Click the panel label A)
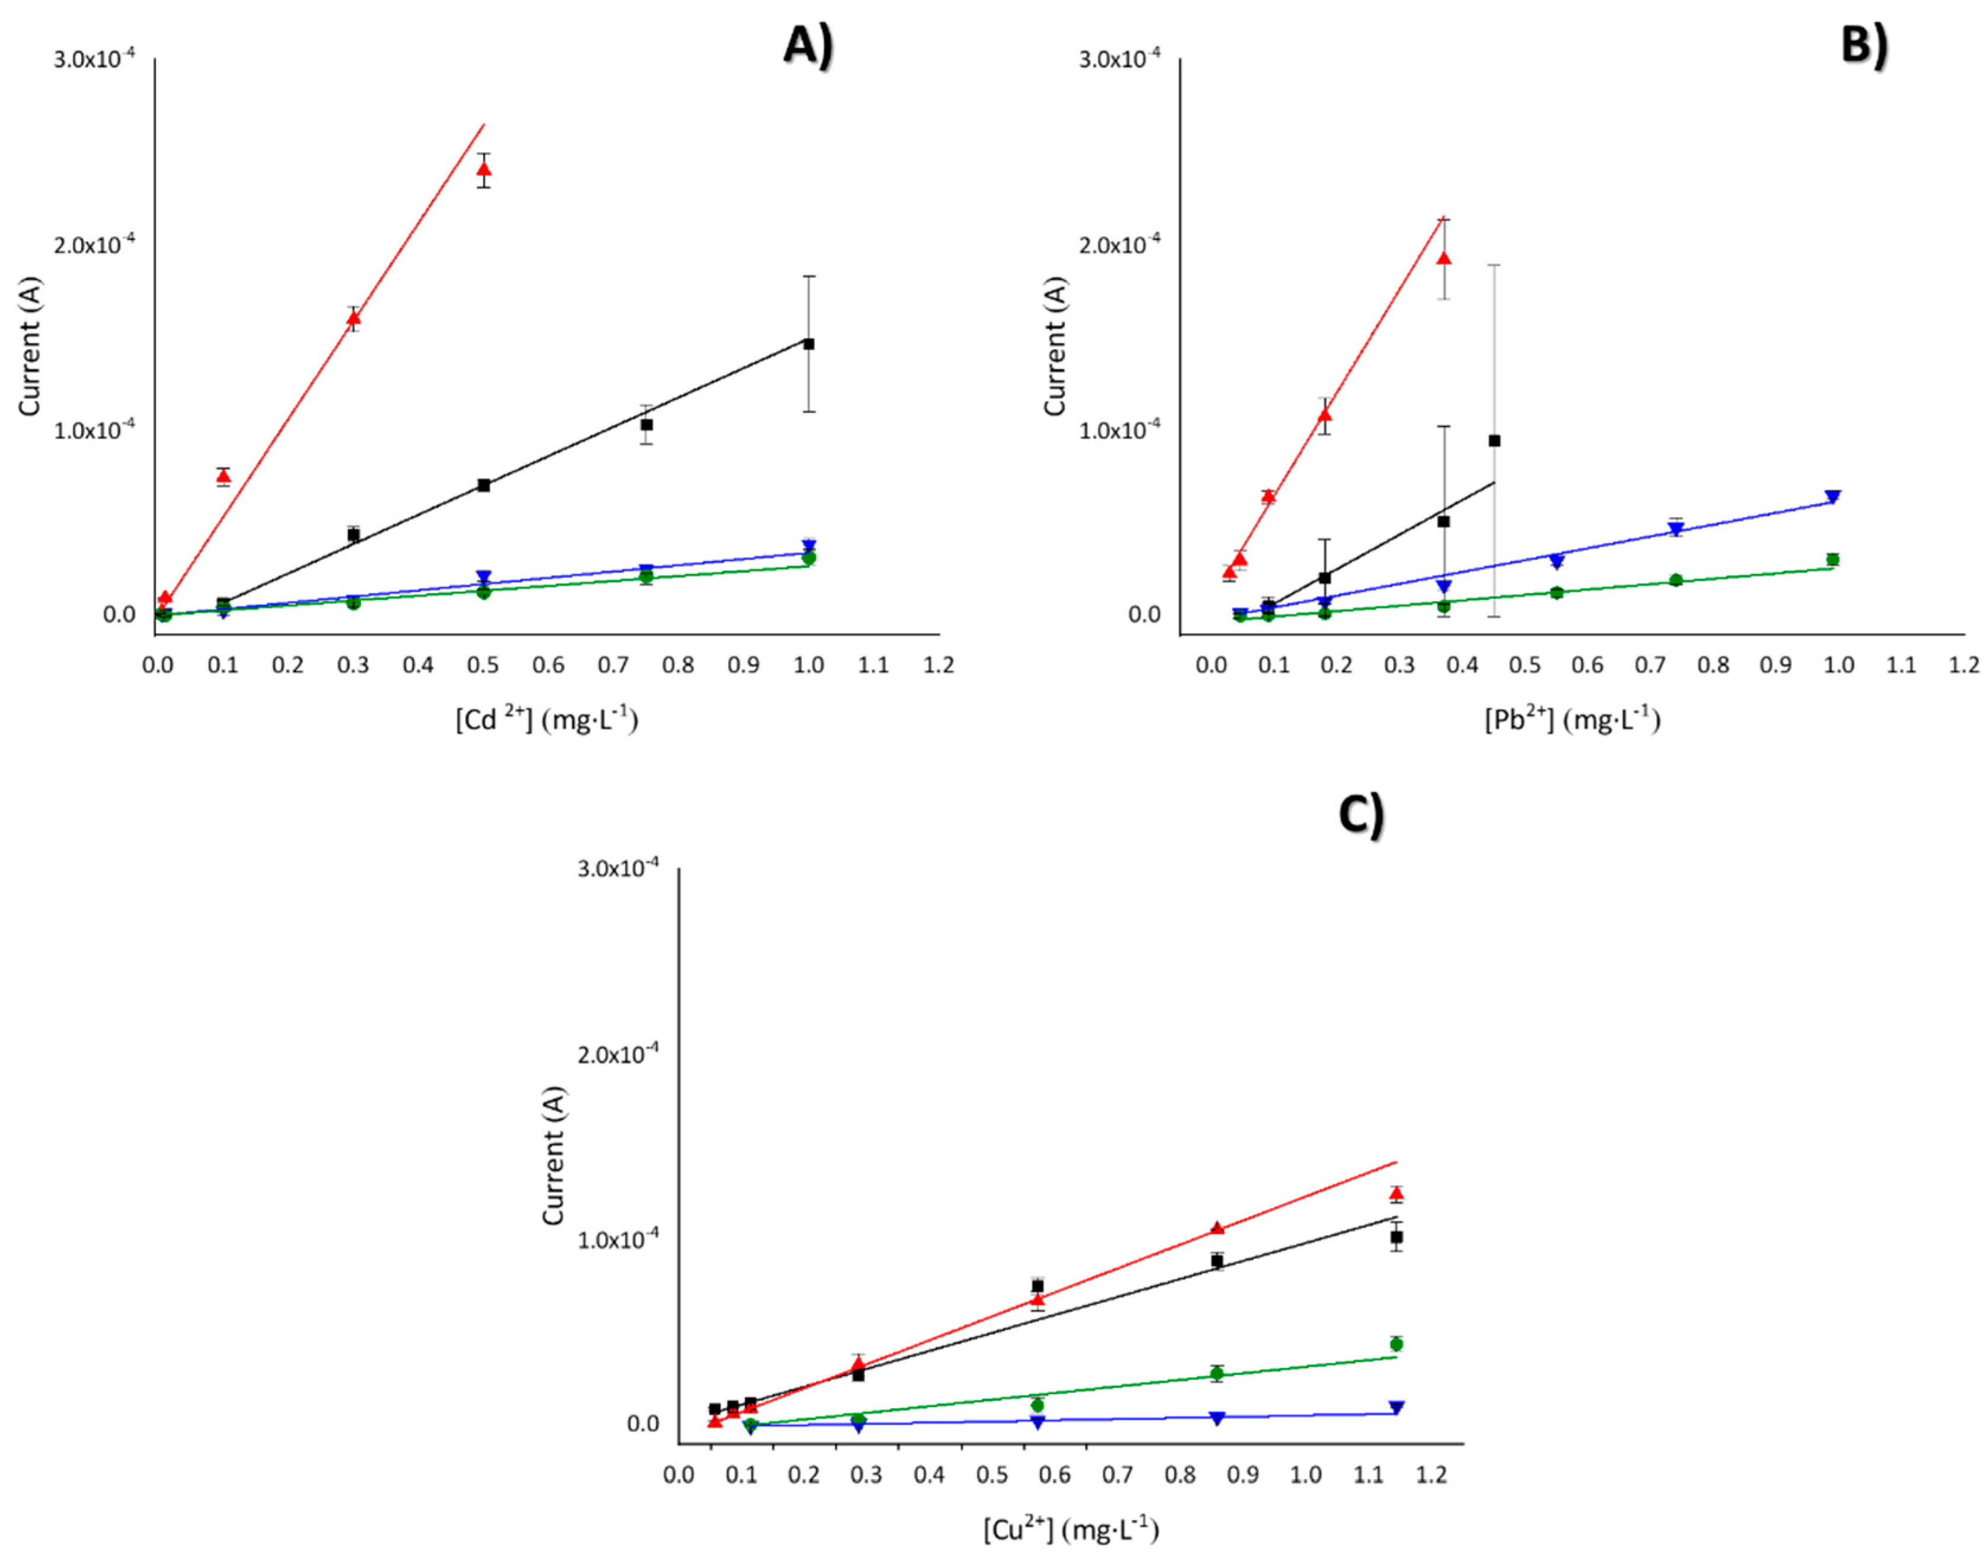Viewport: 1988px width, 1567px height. pyautogui.click(x=808, y=44)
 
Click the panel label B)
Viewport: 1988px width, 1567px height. pyautogui.click(x=1864, y=44)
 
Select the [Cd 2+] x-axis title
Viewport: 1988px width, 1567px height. pyautogui.click(x=547, y=720)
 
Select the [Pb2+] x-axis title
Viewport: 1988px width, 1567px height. pyautogui.click(x=1572, y=720)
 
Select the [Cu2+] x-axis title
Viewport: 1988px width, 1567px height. pyautogui.click(x=1070, y=1529)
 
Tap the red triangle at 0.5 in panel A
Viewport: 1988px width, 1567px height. pyautogui.click(x=484, y=169)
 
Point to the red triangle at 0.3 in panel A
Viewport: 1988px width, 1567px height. pyautogui.click(x=353, y=319)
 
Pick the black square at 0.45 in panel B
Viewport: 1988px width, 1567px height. pyautogui.click(x=1494, y=441)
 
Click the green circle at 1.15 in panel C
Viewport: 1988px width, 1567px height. pyautogui.click(x=1396, y=1344)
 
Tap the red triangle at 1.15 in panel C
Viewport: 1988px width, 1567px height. pyautogui.click(x=1396, y=1193)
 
